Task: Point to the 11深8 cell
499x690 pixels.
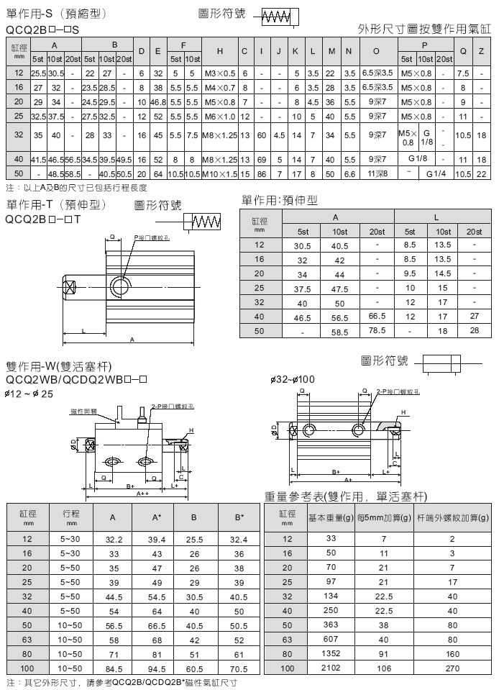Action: pos(377,173)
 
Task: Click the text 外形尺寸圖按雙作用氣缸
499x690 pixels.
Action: pos(424,29)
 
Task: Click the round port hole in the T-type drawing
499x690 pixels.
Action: pos(120,288)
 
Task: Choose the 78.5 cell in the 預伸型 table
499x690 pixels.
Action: pos(376,330)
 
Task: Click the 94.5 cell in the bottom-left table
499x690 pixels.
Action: pos(156,668)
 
